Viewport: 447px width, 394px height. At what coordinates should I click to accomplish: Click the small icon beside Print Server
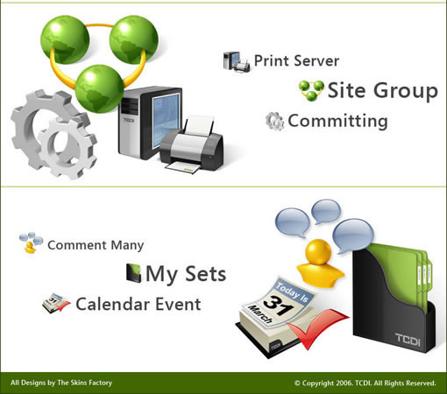click(x=237, y=61)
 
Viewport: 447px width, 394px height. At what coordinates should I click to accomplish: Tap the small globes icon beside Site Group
click(x=311, y=90)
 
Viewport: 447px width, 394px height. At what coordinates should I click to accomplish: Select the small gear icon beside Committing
click(x=274, y=121)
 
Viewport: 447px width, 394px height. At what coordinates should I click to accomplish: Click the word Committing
click(x=337, y=121)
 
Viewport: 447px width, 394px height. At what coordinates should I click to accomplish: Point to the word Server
click(x=316, y=60)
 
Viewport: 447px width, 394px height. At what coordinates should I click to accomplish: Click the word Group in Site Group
click(x=406, y=91)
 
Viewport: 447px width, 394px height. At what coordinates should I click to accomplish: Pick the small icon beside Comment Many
click(x=31, y=243)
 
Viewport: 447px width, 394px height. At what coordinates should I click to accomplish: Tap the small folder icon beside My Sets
click(x=133, y=273)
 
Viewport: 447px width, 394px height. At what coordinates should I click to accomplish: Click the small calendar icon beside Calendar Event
click(x=56, y=304)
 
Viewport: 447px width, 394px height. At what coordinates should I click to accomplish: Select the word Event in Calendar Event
click(x=178, y=304)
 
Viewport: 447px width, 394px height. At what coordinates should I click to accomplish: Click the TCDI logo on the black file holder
click(x=408, y=340)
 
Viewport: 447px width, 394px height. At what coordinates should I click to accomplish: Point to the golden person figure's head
click(x=318, y=252)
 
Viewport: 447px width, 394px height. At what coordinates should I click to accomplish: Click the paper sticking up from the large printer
click(x=200, y=126)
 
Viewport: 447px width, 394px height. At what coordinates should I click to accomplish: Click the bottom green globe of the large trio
click(x=99, y=88)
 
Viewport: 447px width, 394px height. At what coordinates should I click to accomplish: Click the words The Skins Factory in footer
click(x=85, y=383)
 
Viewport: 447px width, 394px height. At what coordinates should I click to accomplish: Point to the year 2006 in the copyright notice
click(x=344, y=383)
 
